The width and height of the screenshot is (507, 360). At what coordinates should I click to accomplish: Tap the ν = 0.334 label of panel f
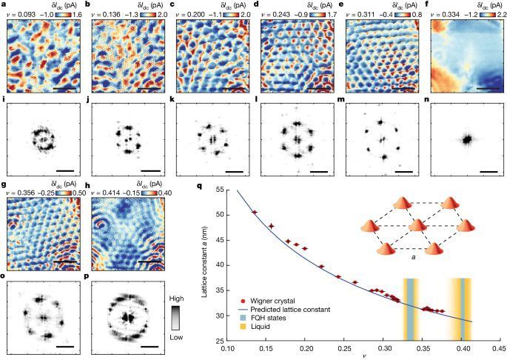click(447, 14)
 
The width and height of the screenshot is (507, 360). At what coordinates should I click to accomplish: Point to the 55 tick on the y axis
click(222, 191)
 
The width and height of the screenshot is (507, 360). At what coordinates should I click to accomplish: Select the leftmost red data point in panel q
click(255, 213)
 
